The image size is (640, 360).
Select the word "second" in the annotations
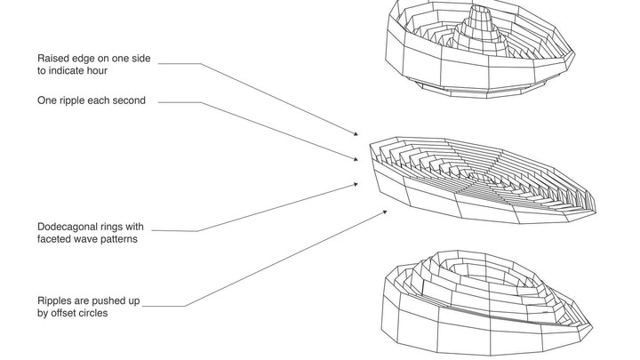click(x=128, y=101)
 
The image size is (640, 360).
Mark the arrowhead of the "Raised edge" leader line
click(x=357, y=135)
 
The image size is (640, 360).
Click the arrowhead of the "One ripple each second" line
click(x=358, y=160)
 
